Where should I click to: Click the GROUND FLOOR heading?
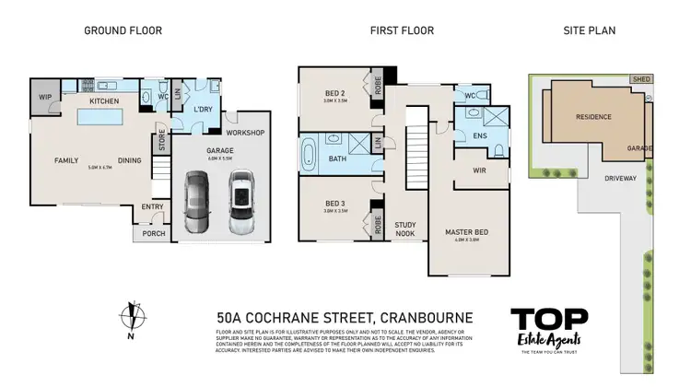click(123, 30)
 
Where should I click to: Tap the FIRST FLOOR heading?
click(402, 30)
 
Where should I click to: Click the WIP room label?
click(43, 96)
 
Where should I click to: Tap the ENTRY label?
click(152, 206)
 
